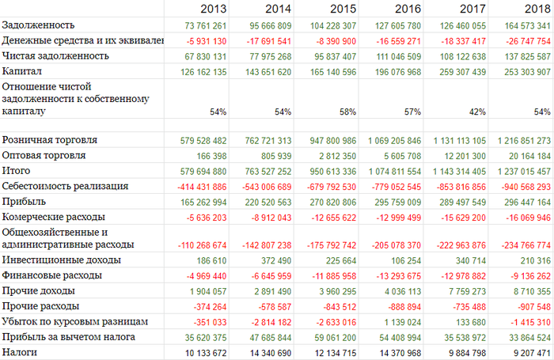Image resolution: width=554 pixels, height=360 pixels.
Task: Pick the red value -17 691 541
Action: [264, 41]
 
